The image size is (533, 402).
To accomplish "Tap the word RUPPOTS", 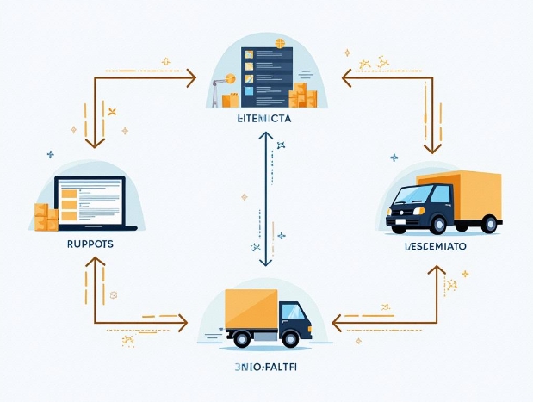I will (x=90, y=244).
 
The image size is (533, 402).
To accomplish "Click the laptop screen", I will (x=90, y=201).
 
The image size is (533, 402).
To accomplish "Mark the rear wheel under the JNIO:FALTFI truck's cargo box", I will (x=243, y=338).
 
